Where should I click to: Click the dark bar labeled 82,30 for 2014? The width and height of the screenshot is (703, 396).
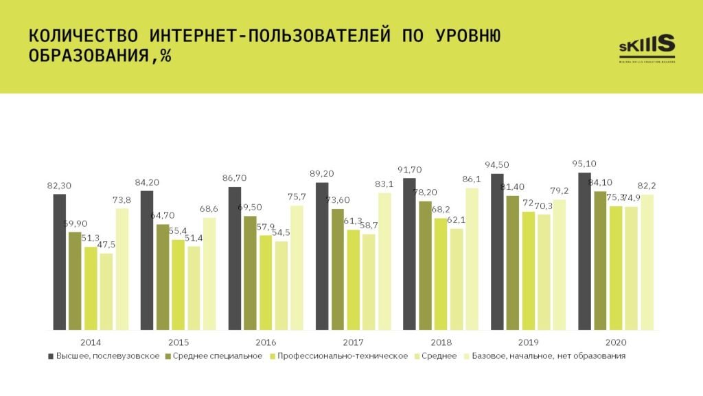[60, 261]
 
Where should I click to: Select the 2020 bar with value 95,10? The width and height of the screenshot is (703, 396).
[585, 251]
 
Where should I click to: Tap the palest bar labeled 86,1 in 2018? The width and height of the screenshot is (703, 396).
[472, 258]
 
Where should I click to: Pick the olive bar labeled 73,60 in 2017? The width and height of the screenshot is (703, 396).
[338, 269]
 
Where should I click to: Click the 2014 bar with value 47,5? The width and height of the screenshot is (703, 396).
[106, 291]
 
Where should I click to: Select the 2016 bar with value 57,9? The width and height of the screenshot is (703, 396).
[266, 282]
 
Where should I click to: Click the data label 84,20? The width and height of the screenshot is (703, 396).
[146, 182]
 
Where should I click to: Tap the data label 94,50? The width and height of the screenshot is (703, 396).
[496, 164]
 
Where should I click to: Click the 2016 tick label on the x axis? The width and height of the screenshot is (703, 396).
[266, 342]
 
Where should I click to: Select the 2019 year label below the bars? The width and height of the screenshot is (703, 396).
[528, 342]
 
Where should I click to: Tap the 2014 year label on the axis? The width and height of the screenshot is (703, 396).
[91, 342]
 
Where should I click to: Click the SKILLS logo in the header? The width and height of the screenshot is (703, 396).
[647, 47]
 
